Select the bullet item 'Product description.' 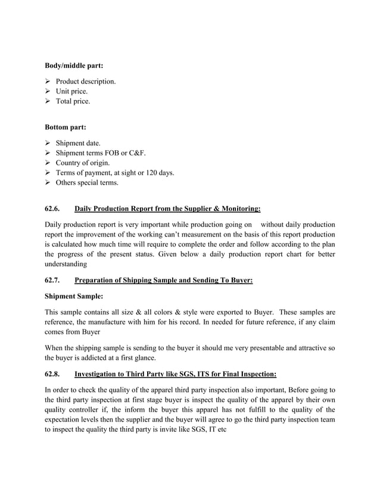[86, 82]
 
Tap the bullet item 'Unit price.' [71, 92]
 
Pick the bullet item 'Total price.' [73, 102]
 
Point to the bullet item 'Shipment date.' [78, 143]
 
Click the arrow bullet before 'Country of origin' [49, 163]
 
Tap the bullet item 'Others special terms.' [87, 183]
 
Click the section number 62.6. [53, 209]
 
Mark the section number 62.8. [53, 374]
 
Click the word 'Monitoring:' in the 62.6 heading [241, 209]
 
